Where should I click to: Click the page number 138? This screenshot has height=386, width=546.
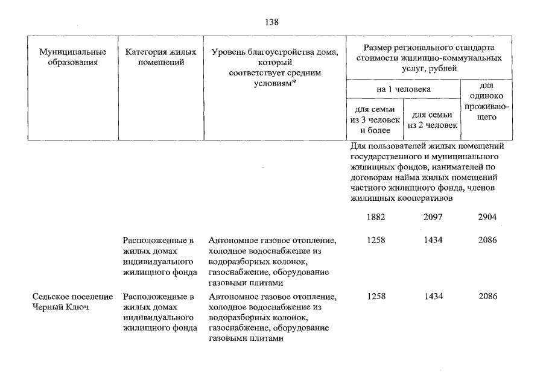272,22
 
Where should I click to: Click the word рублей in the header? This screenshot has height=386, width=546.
442,69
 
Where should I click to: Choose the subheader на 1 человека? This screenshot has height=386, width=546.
403,89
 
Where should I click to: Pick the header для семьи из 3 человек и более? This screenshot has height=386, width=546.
375,119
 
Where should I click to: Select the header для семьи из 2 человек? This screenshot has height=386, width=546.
432,119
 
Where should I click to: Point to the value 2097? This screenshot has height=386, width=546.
433,217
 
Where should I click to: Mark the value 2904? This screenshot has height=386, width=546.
487,217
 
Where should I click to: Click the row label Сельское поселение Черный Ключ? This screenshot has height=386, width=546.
73,302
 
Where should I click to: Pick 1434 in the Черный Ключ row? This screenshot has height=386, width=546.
433,297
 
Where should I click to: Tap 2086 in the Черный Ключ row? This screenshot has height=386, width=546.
487,297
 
